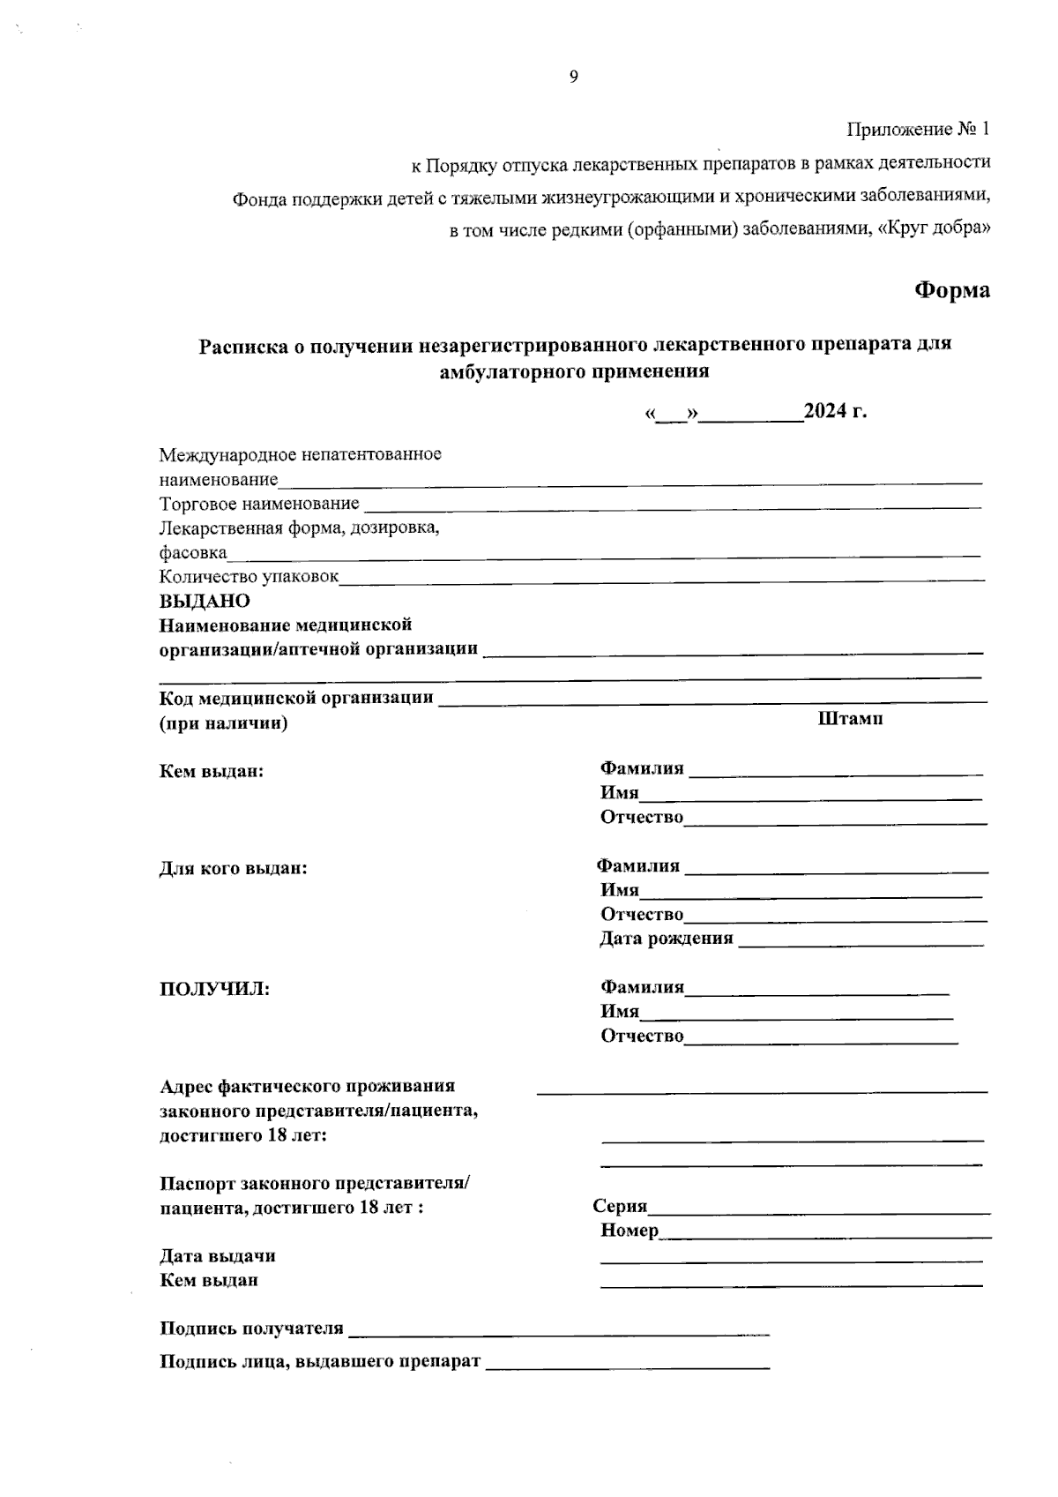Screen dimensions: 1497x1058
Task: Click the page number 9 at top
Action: (573, 77)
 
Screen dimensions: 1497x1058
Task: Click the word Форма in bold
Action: (951, 290)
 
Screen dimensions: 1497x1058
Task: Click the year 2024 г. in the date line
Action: (835, 412)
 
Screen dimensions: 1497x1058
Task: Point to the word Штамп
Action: (851, 718)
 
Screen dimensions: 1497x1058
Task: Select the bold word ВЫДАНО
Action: (205, 602)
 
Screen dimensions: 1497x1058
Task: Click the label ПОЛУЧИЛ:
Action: (214, 989)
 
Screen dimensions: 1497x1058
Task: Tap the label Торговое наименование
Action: (259, 504)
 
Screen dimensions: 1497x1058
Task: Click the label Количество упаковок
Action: (249, 577)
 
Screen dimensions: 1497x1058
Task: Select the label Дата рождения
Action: (667, 939)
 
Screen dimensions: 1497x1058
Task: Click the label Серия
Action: (620, 1207)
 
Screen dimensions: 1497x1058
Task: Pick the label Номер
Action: (630, 1231)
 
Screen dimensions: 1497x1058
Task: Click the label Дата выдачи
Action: (217, 1255)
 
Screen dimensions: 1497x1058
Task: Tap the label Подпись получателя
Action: (251, 1329)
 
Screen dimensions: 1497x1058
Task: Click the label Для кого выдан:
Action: (233, 868)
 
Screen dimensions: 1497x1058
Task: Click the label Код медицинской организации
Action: (296, 699)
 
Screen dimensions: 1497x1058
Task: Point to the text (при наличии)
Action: (223, 724)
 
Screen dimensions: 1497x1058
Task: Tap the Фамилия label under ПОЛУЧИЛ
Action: (642, 987)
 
